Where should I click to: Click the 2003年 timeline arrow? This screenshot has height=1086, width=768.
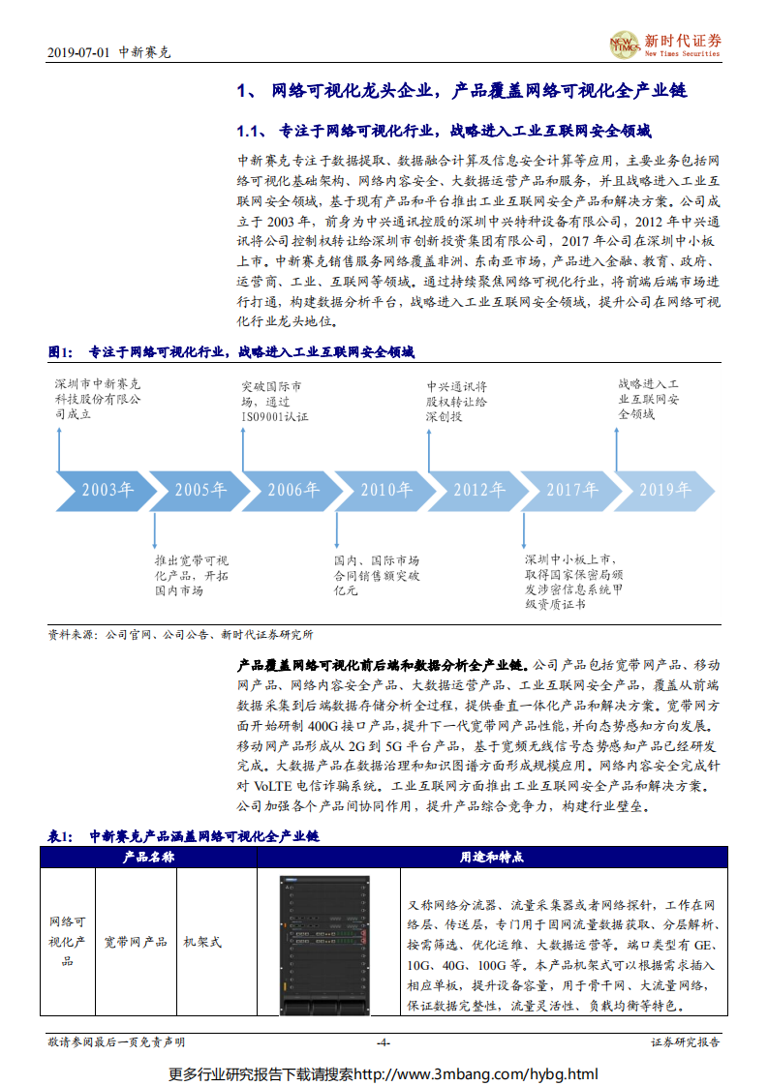[x=106, y=490]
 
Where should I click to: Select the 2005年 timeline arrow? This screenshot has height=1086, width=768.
[x=200, y=490]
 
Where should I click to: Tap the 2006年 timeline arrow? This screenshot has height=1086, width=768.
[x=292, y=490]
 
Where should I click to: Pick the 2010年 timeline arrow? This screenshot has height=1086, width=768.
[x=385, y=490]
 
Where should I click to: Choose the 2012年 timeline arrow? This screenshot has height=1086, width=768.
[x=478, y=490]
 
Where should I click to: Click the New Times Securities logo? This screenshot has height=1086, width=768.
[x=664, y=45]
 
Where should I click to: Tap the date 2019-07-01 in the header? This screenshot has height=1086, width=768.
[x=78, y=52]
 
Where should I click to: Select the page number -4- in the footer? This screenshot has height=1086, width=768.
[x=383, y=1042]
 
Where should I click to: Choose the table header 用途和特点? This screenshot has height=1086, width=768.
[x=491, y=857]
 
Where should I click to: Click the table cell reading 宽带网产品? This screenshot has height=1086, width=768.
[x=136, y=941]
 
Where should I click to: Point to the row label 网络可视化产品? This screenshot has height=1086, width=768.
[x=68, y=941]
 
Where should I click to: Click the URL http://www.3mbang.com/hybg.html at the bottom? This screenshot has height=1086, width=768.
[x=475, y=1073]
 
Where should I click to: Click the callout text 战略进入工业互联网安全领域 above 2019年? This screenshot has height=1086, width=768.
[x=650, y=399]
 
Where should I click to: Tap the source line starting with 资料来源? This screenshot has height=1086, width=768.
[x=180, y=635]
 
